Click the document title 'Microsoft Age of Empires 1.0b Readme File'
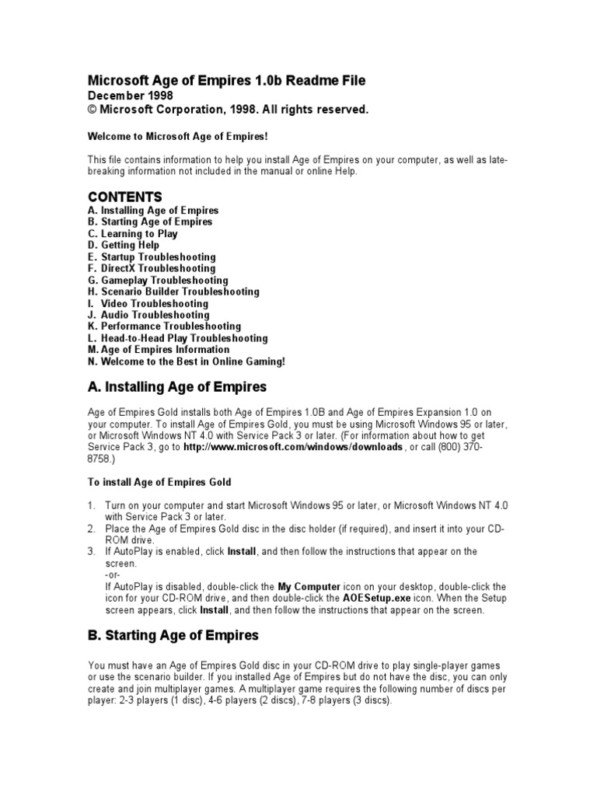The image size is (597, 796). [x=225, y=81]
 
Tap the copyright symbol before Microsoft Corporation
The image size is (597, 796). [x=91, y=110]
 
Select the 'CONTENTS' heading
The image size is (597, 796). [x=124, y=197]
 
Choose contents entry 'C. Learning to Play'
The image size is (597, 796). [x=133, y=233]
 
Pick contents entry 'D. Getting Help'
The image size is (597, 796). [x=124, y=245]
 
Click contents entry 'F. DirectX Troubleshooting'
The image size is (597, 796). [x=152, y=268]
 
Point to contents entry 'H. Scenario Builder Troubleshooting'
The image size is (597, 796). [x=173, y=292]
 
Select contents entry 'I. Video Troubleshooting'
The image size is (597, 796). [x=148, y=303]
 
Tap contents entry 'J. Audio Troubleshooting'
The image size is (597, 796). [x=148, y=315]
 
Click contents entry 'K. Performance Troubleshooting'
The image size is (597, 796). [x=164, y=326]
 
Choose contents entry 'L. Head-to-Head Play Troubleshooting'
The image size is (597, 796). [x=177, y=338]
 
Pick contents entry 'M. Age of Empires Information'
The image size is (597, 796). [x=159, y=350]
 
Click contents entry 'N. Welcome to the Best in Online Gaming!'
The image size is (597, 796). [x=187, y=361]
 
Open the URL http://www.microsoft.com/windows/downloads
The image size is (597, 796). [x=293, y=448]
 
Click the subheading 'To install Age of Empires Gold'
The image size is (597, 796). [x=159, y=483]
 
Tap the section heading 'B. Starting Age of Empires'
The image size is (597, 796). [x=173, y=636]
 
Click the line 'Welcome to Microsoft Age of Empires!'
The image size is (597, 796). [x=177, y=136]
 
